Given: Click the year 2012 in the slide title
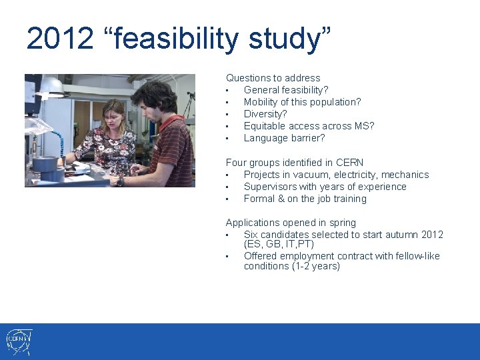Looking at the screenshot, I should (x=60, y=39).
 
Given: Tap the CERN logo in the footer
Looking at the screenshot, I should (x=19, y=341).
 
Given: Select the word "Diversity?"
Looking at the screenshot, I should (x=265, y=114).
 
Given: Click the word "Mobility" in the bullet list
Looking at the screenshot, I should (x=263, y=102).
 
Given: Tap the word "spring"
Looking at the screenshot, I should (x=343, y=223).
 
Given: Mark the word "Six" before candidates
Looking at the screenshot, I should (x=251, y=235).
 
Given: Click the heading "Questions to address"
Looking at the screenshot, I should (x=273, y=78).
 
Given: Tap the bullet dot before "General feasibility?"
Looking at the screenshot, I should (x=228, y=90).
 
